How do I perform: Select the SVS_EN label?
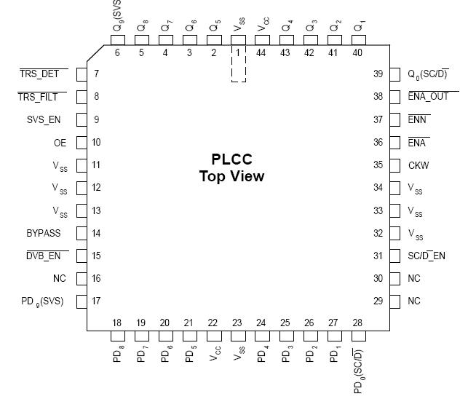pos(44,120)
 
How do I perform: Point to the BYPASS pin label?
pos(44,234)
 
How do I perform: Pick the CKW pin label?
pos(419,165)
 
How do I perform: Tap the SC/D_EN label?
pos(427,256)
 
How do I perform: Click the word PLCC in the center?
pos(231,159)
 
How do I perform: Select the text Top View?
pos(231,176)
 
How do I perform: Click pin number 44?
pos(261,53)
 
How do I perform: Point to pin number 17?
pos(96,301)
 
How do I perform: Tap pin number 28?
pos(357,323)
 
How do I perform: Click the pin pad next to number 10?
pos(82,143)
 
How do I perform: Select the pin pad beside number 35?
pos(394,165)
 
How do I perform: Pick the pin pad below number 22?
pos(213,336)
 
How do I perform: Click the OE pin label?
pos(60,143)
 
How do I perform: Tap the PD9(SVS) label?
pos(42,301)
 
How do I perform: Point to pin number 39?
pos(378,74)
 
